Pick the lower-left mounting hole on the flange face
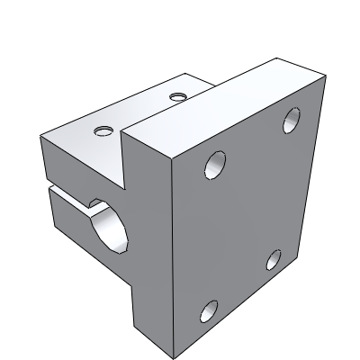pos(208,311)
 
